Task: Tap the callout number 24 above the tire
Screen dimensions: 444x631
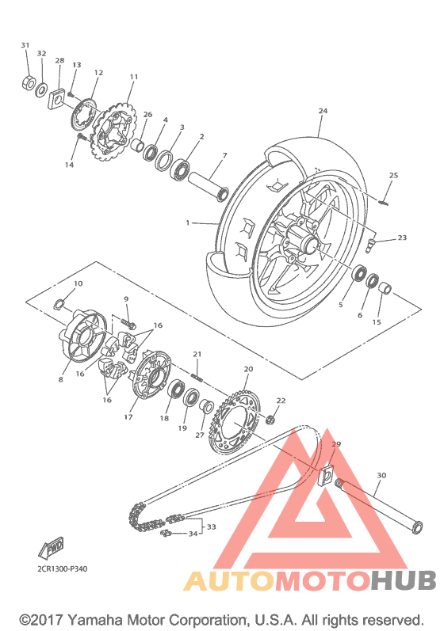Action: [x=323, y=111]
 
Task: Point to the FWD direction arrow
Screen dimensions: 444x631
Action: [x=51, y=549]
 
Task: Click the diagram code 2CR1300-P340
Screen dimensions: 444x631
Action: [x=62, y=569]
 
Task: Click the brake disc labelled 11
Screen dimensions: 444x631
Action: [x=114, y=131]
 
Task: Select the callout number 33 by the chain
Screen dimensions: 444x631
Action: [x=212, y=526]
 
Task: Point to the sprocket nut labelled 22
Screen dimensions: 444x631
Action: [x=270, y=420]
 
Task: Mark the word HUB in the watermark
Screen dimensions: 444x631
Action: [x=404, y=580]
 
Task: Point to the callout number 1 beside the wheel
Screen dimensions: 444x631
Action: [x=187, y=222]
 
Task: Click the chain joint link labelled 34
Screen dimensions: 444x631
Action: [x=166, y=534]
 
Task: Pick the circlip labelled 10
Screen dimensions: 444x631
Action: [x=59, y=304]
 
